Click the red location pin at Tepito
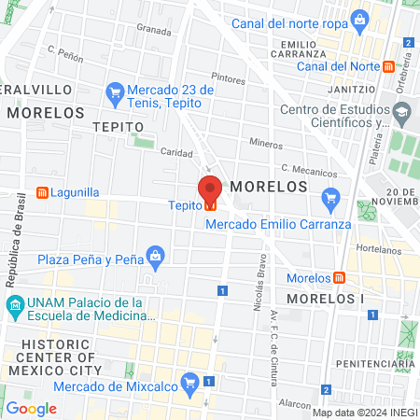click(x=210, y=189)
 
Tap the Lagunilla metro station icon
click(x=42, y=193)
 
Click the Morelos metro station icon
click(x=339, y=278)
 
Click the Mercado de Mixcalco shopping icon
click(x=190, y=381)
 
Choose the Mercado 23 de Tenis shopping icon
click(x=116, y=91)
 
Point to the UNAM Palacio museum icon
click(x=15, y=305)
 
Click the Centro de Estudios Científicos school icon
click(x=402, y=111)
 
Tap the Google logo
click(x=32, y=408)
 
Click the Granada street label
click(x=154, y=29)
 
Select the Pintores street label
click(x=228, y=77)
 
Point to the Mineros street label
click(x=266, y=144)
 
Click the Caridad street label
click(x=176, y=151)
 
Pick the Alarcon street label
click(x=294, y=405)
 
